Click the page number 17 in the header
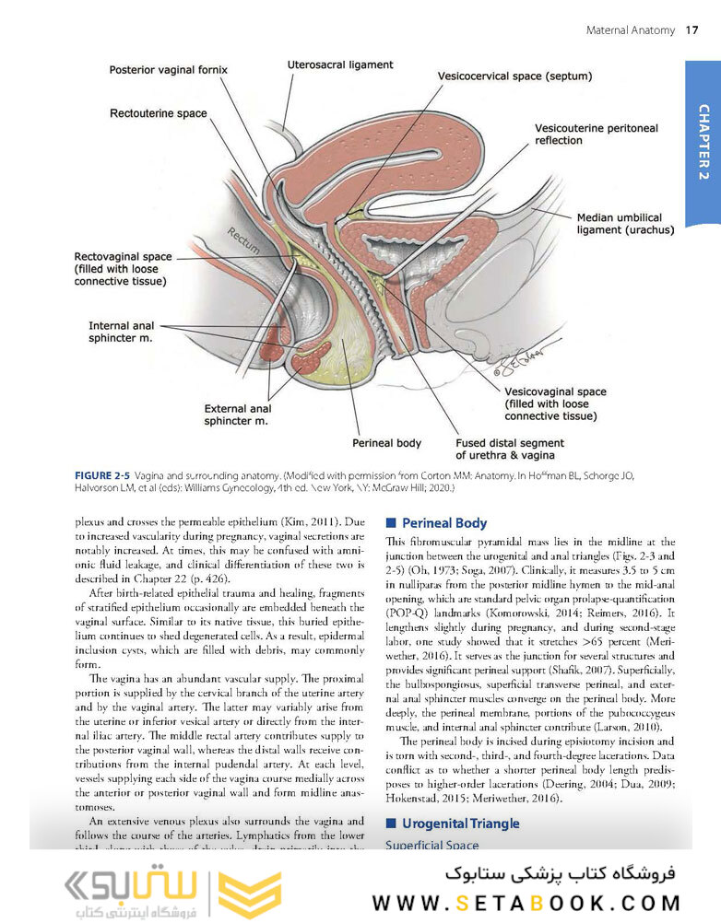coord(691,30)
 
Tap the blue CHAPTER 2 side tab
coord(703,142)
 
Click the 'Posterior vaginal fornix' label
coord(168,70)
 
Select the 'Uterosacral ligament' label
coord(340,65)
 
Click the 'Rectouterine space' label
coord(158,113)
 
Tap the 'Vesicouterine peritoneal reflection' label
coord(596,134)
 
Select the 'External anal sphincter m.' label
coord(237,415)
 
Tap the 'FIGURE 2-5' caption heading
coord(103,475)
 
